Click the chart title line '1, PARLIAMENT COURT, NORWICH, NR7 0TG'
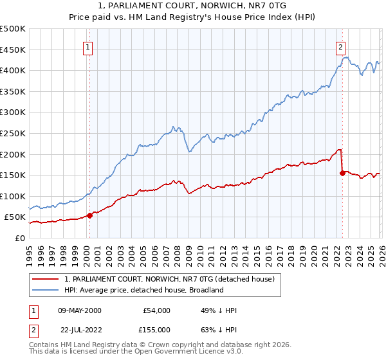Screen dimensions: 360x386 click(x=193, y=6)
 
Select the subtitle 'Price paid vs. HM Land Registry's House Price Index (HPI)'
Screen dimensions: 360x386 click(x=193, y=17)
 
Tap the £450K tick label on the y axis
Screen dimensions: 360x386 click(x=13, y=50)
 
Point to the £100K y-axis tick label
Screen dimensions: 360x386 click(x=13, y=196)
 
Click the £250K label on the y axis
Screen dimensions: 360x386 click(x=13, y=133)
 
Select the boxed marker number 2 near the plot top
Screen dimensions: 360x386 click(x=340, y=46)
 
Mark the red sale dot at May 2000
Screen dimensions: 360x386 click(x=89, y=215)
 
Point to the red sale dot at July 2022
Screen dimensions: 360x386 click(x=342, y=173)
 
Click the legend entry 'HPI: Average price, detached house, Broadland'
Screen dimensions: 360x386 click(x=143, y=290)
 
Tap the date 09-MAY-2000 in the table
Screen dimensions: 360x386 click(x=77, y=310)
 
